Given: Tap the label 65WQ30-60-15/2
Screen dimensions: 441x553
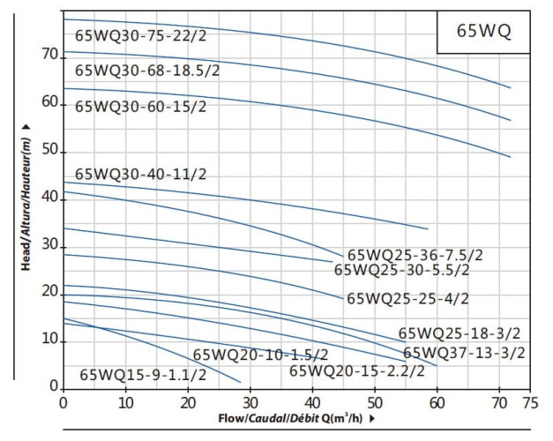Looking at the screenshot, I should point(140,107).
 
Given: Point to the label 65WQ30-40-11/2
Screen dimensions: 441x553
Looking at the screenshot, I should point(140,173).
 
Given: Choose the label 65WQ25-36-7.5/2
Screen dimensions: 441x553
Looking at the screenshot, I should point(414,255).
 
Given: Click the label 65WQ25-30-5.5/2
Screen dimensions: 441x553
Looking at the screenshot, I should point(402,270).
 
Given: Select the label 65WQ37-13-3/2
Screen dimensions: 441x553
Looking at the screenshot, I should point(464,353).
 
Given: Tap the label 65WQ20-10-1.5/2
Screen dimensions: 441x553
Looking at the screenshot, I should point(260,355).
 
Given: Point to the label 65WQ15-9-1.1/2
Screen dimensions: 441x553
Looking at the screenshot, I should point(143,375).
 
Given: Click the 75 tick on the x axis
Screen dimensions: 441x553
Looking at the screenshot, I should point(530,403).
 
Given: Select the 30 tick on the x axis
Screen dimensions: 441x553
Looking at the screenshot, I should point(250,403).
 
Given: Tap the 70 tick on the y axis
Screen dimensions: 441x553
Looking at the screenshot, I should point(49,55).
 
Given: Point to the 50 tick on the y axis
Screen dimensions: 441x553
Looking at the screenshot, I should point(49,151).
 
